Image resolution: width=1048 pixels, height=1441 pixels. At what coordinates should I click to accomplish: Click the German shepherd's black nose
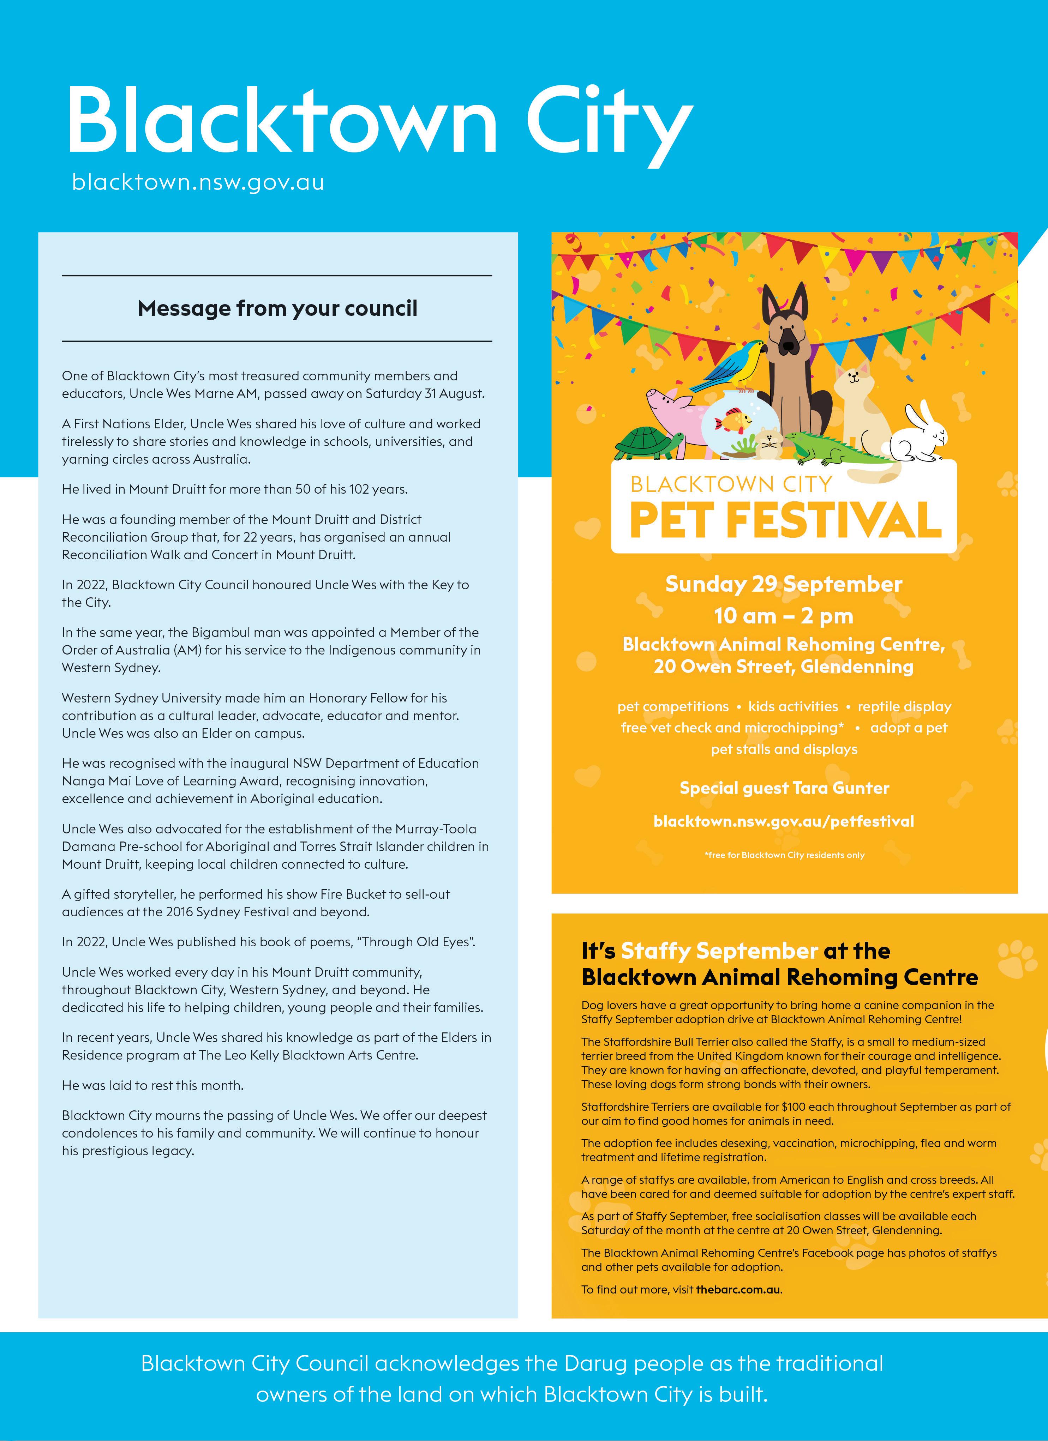point(789,346)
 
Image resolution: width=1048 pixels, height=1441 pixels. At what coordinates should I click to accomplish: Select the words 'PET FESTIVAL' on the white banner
point(785,520)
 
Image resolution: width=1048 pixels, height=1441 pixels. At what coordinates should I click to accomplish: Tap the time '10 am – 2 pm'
point(784,616)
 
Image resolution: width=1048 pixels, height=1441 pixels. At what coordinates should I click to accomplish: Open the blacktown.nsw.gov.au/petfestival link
point(784,821)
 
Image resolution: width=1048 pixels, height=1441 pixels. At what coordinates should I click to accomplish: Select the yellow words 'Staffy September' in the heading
point(719,951)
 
